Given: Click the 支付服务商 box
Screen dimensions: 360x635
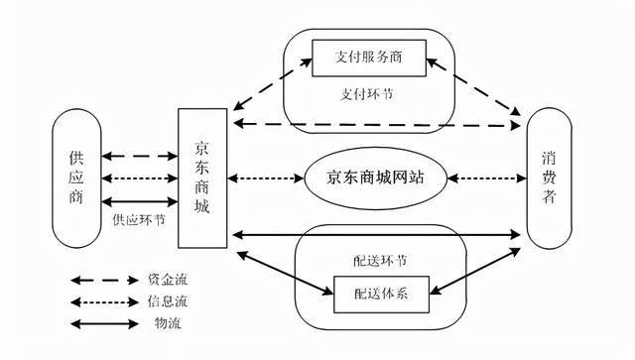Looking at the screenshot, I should (x=369, y=53).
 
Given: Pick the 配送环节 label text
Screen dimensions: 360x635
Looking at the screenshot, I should (x=368, y=261).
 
